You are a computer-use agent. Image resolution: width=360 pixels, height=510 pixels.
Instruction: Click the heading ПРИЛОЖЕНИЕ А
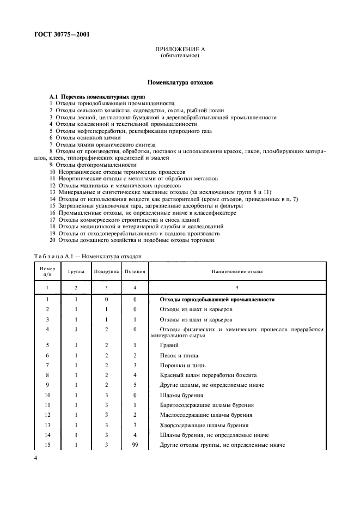tap(180, 50)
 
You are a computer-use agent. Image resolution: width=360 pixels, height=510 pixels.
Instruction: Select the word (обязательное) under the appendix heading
tap(180, 56)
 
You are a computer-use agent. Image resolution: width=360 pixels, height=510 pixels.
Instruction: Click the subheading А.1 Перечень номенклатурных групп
tap(93, 96)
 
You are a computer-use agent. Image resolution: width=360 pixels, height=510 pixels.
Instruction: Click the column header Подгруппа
tap(106, 270)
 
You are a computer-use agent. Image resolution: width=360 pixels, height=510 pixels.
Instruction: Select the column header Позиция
tap(134, 270)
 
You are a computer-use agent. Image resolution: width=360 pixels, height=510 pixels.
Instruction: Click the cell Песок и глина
tap(178, 355)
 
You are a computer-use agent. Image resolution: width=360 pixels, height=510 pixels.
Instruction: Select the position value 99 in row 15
tap(134, 446)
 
